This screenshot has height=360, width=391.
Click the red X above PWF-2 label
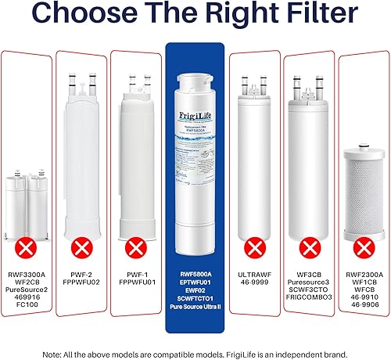[x=81, y=248]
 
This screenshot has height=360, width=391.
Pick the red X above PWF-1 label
[x=137, y=248]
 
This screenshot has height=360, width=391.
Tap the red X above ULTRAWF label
[x=254, y=248]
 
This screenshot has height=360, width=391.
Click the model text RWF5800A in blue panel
[x=195, y=273]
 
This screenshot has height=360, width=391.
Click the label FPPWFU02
[x=81, y=283]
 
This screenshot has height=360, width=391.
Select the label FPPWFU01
[x=137, y=283]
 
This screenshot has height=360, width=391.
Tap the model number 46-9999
[x=254, y=283]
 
